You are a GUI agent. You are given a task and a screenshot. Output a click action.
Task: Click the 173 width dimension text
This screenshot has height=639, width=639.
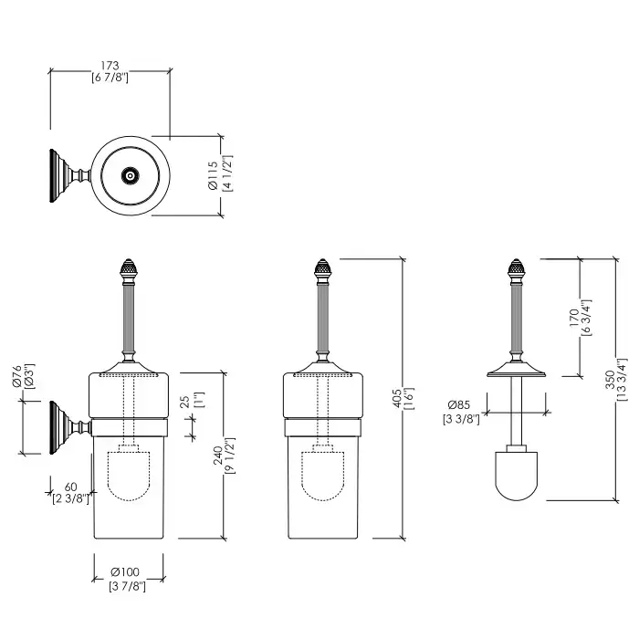[110, 67]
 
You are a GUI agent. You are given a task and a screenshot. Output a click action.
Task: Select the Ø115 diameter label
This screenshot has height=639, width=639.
[211, 174]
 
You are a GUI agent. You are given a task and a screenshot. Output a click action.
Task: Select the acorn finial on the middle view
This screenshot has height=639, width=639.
[321, 272]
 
